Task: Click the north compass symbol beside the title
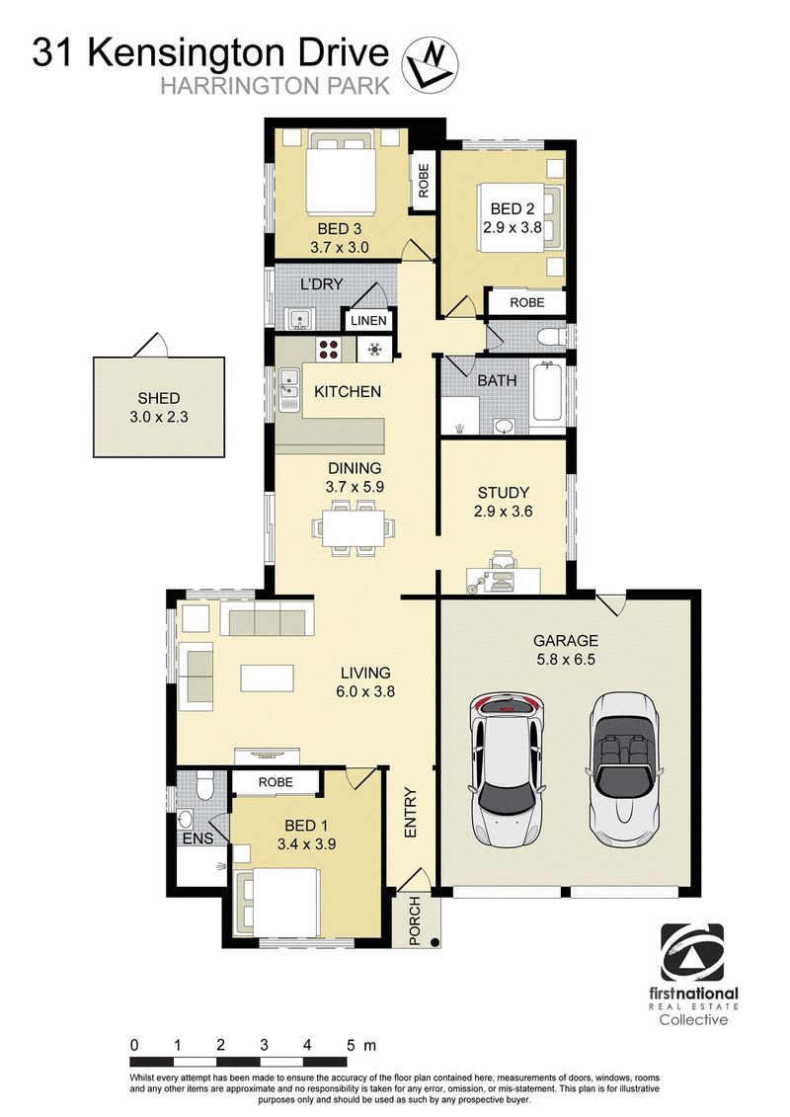coord(430,65)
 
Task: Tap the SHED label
coord(159,398)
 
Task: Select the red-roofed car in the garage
coord(506,770)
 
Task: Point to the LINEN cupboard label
coord(368,321)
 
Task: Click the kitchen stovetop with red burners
coord(329,349)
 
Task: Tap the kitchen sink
coord(289,390)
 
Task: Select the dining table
coord(354,527)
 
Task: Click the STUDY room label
coord(503,492)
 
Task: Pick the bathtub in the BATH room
coord(546,392)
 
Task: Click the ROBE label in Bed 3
coord(424,181)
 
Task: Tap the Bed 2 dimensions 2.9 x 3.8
coord(513,228)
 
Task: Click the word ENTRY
coord(411,812)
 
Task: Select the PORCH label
coord(415,921)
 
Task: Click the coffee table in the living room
coord(268,678)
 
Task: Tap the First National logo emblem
coord(692,952)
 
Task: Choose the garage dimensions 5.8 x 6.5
coord(566,659)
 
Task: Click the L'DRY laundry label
coord(321,284)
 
